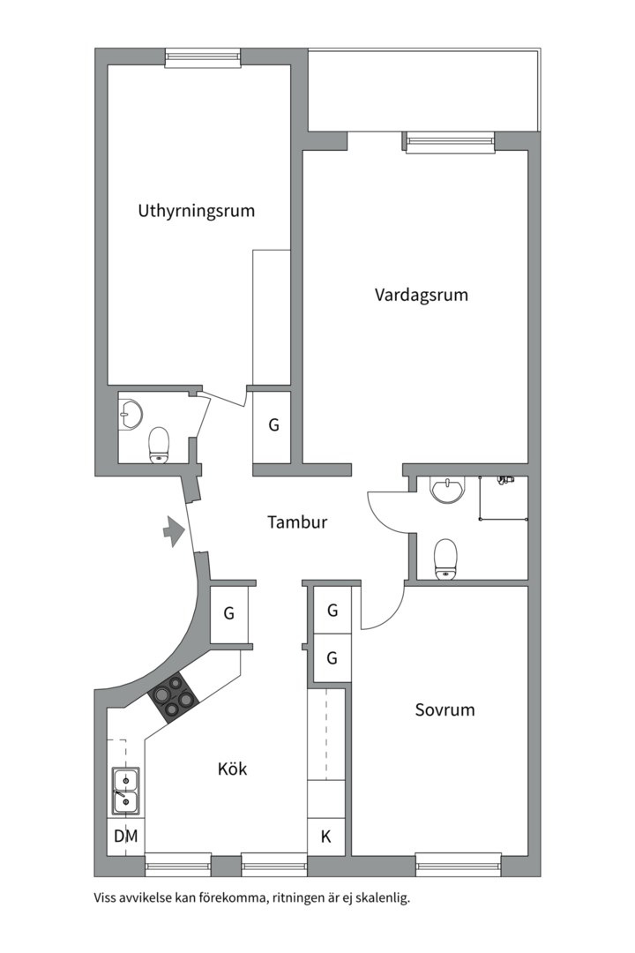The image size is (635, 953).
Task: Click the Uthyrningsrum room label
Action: click(x=196, y=211)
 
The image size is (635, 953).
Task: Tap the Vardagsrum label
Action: click(x=421, y=295)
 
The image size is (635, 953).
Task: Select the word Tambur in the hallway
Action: click(x=297, y=522)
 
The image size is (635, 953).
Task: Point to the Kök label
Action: click(x=232, y=769)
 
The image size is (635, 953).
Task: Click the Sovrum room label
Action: click(x=444, y=709)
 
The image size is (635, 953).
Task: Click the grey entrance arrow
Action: click(x=173, y=530)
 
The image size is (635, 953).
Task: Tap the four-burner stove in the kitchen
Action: click(x=173, y=698)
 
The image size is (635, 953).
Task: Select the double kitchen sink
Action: click(x=124, y=791)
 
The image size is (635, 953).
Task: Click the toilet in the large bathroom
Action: click(x=447, y=559)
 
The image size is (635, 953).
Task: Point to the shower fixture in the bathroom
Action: click(x=504, y=481)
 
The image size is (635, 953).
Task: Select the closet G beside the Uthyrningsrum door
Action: click(x=273, y=425)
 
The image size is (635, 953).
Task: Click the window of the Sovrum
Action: click(x=458, y=864)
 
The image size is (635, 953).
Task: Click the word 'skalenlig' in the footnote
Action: click(x=382, y=899)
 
